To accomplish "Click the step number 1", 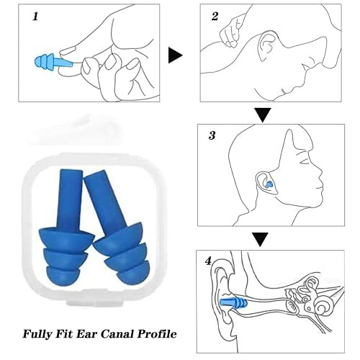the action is pos(35,17).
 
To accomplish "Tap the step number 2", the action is pos(215,16).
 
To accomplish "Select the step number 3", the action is pos(212,135).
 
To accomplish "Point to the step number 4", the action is pos(208,261).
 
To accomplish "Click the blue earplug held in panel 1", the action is pos(54,62).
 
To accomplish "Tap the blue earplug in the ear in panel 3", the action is pos(269,184).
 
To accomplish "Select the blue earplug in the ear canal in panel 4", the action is pos(233,303).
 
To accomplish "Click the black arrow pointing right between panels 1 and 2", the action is pos(175,55).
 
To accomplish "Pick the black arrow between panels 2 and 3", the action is pos(263,114).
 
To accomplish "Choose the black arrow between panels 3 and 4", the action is pos(260,239).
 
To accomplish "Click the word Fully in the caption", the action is pos(37,334).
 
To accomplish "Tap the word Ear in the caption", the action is pos(86,334).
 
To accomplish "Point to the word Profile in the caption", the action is pos(157,334).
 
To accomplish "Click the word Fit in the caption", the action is pos(64,334).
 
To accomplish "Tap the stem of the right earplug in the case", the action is pos(104,200).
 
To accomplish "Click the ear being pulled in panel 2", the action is pos(267,46).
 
